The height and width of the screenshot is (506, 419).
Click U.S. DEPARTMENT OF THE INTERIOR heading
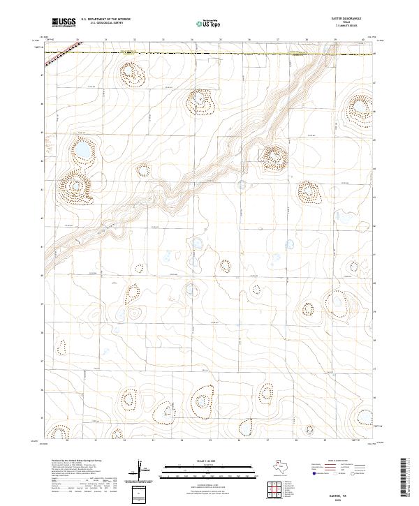(x=105, y=20)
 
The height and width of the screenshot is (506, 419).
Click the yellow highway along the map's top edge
(x=209, y=52)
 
